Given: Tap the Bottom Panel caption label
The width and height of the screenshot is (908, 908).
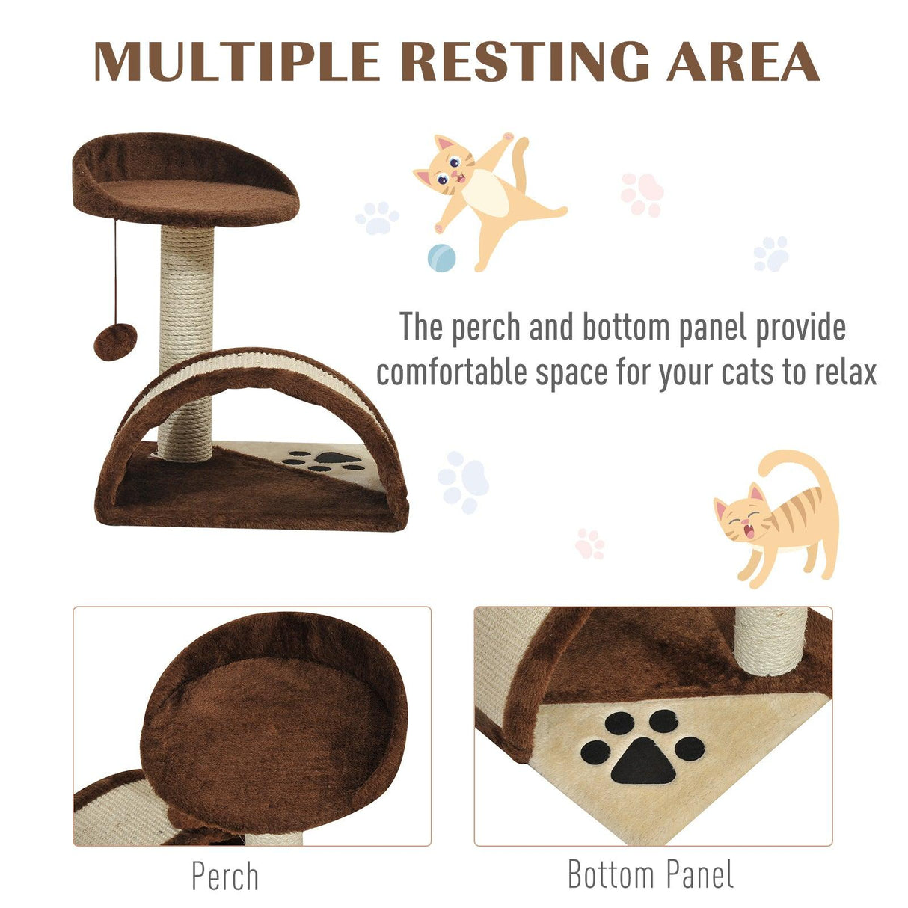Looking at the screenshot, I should (x=651, y=874).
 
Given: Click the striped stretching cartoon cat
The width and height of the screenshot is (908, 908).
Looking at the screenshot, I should (x=778, y=516).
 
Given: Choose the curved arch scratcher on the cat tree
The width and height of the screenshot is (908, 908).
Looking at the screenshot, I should (x=262, y=374).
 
